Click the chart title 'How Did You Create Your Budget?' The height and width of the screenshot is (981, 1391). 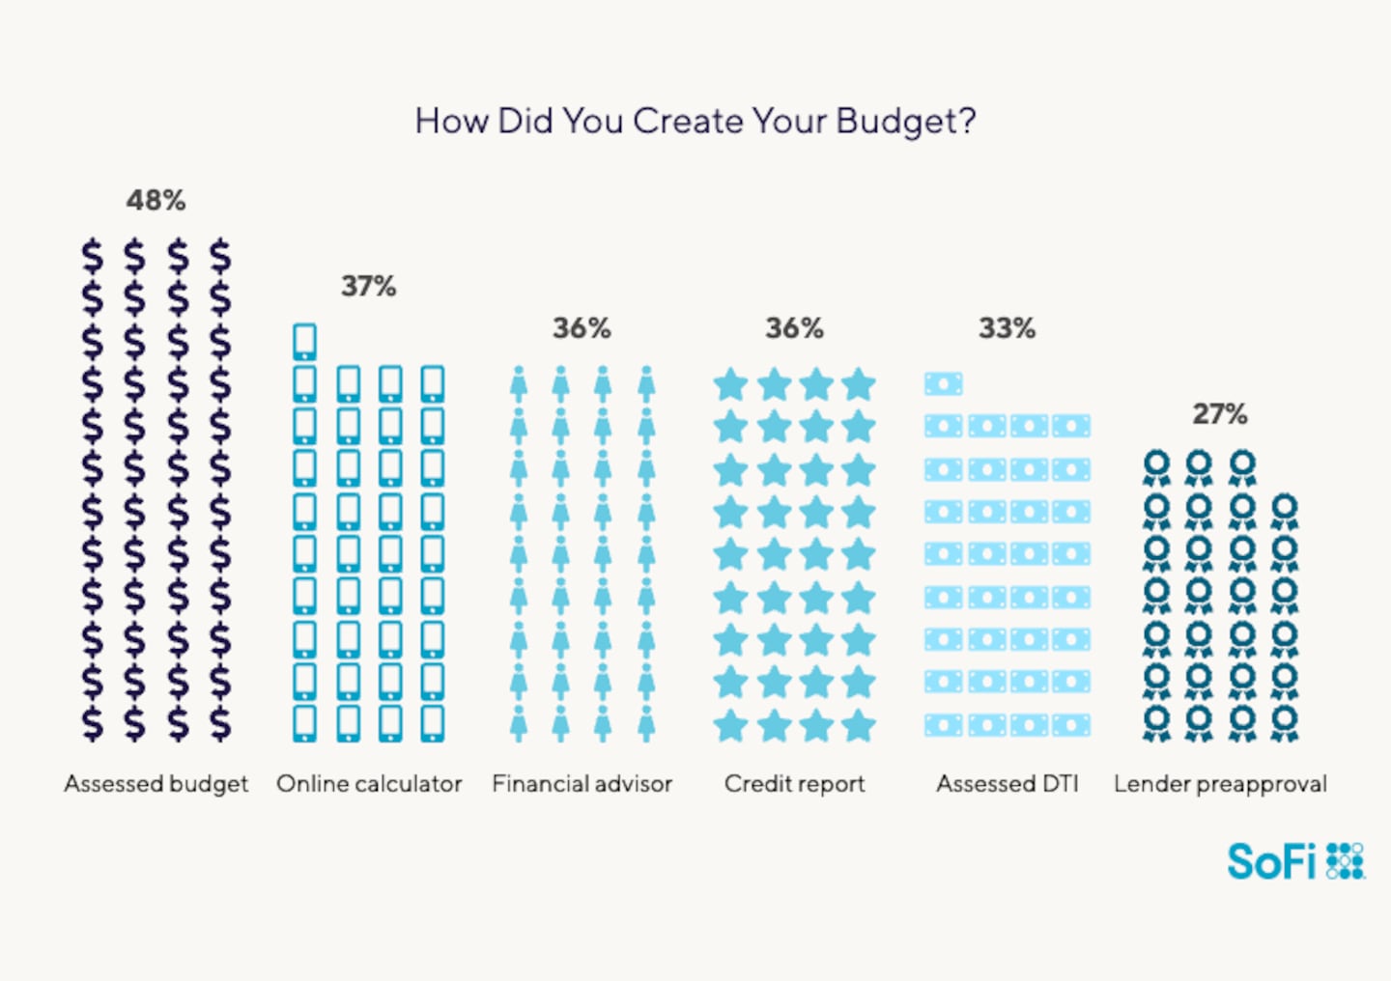pos(695,122)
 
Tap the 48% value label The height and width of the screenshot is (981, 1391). pos(156,201)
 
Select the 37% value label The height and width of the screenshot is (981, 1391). pos(368,287)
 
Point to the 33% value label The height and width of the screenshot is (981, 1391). pos(1007,329)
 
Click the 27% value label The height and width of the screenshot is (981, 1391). pos(1219,414)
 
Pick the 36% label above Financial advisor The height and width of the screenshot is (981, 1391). pos(582,329)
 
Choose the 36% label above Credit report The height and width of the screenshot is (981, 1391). pos(794,329)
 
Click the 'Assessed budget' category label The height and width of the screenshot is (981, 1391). pos(156,784)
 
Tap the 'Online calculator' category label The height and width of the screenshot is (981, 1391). pos(369,784)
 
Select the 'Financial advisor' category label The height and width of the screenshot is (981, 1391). pos(582,784)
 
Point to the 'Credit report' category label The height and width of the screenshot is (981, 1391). pos(794,784)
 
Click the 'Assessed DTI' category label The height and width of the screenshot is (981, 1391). pos(1007,784)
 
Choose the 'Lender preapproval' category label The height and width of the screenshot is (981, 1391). pos(1220,784)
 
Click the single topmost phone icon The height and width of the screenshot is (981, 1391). pos(304,342)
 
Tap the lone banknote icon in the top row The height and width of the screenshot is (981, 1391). pos(943,384)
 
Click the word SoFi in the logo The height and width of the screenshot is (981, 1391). pos(1271,861)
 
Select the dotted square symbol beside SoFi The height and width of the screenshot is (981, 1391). pos(1346,861)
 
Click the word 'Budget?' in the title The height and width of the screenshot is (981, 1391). pos(906,122)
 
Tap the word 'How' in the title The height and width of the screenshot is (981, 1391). pos(451,122)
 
